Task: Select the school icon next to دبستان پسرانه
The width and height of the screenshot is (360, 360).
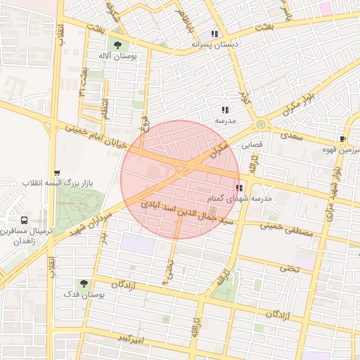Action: (x=214, y=33)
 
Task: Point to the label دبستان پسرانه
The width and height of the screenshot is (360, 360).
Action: (x=214, y=44)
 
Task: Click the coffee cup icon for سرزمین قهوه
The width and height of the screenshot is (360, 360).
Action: (x=342, y=139)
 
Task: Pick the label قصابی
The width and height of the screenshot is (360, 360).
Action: (x=252, y=147)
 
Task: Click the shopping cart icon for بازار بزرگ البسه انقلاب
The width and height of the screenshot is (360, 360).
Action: (x=57, y=172)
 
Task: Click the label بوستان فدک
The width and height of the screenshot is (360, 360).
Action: (x=89, y=295)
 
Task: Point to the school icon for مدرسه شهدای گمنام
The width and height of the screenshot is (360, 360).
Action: (x=240, y=188)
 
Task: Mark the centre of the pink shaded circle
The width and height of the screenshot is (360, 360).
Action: (x=180, y=179)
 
